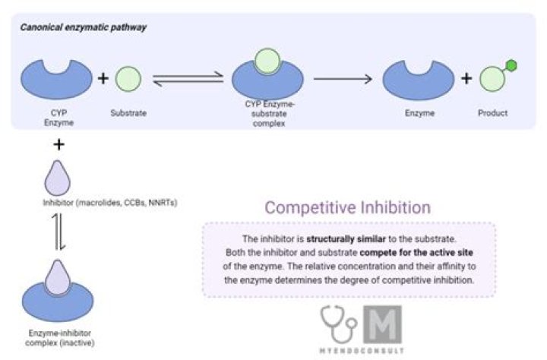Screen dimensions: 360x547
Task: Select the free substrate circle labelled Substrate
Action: click(128, 77)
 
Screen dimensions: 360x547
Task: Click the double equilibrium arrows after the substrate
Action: click(188, 78)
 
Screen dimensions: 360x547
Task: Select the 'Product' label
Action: click(492, 113)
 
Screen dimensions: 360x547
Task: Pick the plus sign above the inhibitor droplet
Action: click(58, 144)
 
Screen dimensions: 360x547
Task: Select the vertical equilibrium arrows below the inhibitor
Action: click(58, 234)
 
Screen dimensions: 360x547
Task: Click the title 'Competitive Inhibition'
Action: click(347, 207)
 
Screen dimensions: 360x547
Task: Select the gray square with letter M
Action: click(382, 323)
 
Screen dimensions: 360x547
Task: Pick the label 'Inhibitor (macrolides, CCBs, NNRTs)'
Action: click(109, 203)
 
